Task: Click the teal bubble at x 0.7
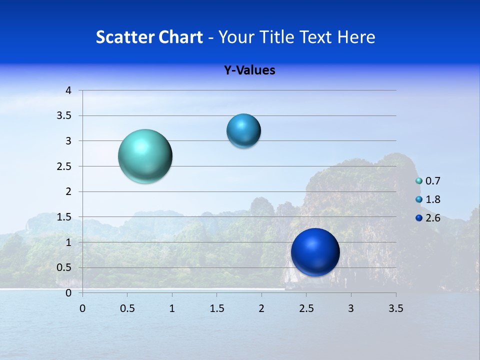pyautogui.click(x=145, y=156)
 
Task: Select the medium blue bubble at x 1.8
pyautogui.click(x=243, y=131)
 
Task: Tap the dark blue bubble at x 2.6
pyautogui.click(x=315, y=252)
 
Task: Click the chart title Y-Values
pyautogui.click(x=249, y=70)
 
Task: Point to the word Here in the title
pyautogui.click(x=356, y=37)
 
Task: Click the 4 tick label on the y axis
pyautogui.click(x=68, y=90)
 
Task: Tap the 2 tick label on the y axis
pyautogui.click(x=68, y=191)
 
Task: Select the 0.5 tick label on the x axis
pyautogui.click(x=127, y=308)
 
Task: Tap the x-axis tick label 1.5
pyautogui.click(x=217, y=308)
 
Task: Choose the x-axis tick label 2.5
pyautogui.click(x=306, y=308)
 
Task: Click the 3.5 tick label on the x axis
pyautogui.click(x=395, y=308)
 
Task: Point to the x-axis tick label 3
pyautogui.click(x=351, y=308)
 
